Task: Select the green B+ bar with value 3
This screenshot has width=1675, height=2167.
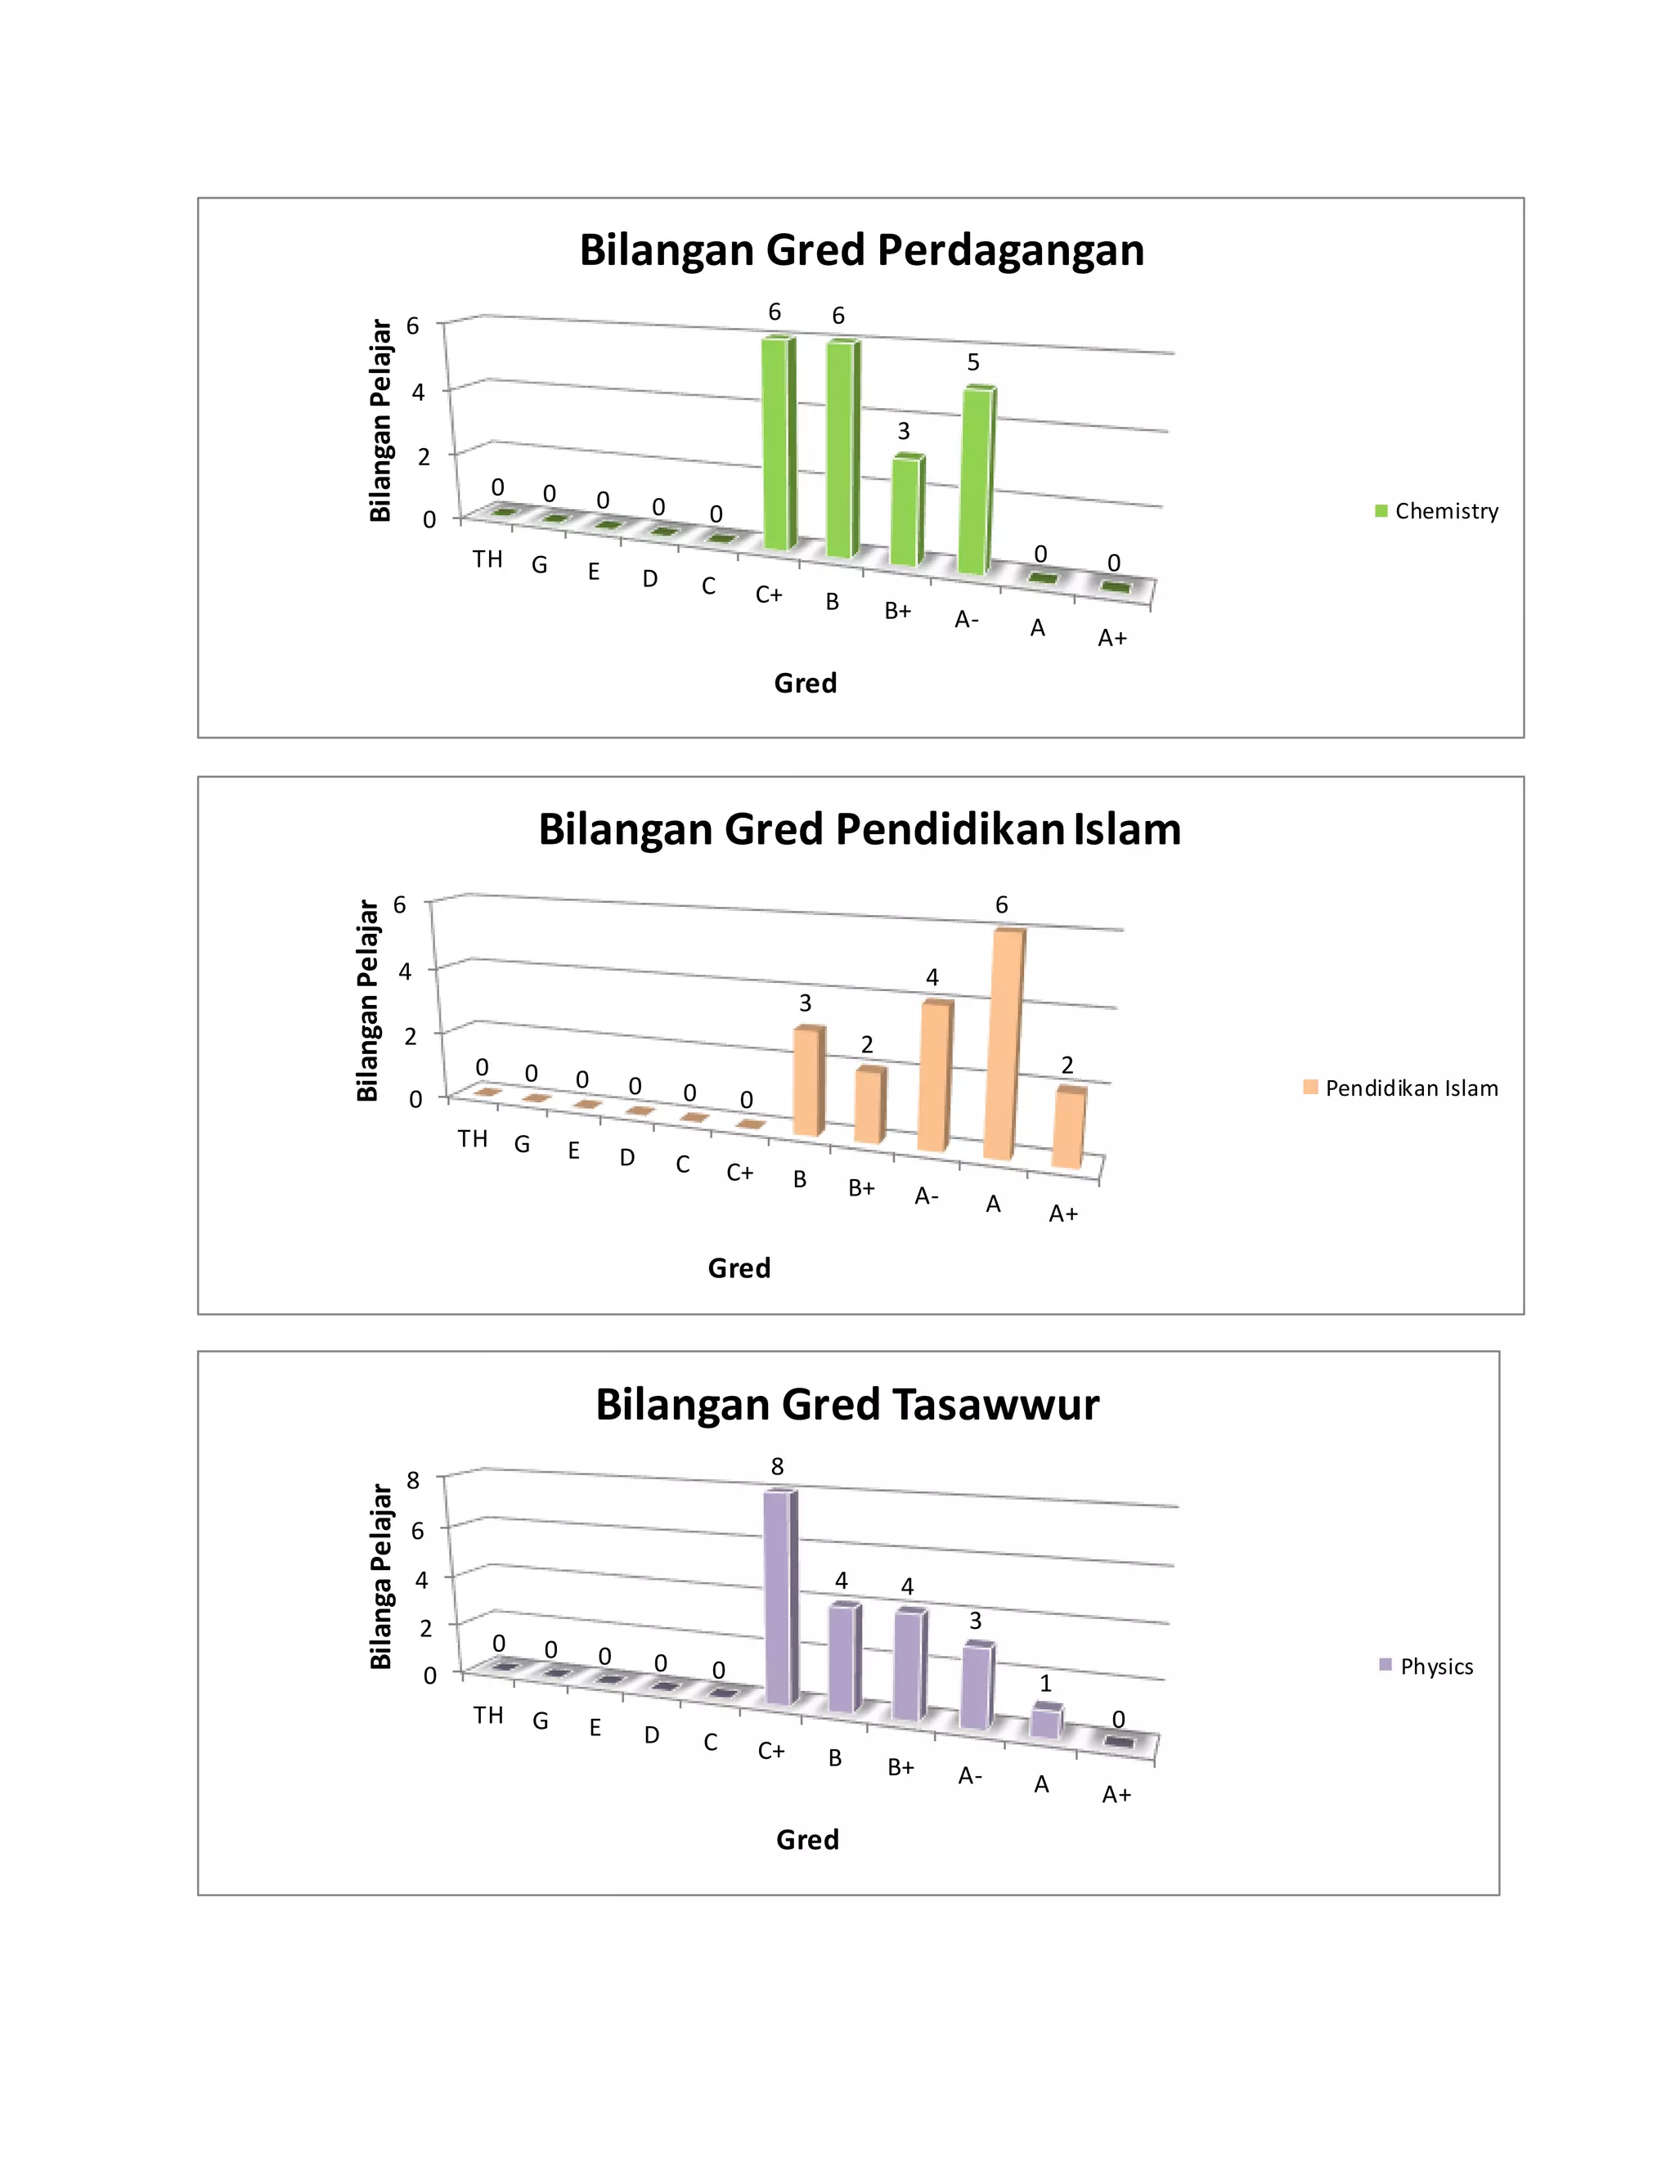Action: [x=905, y=511]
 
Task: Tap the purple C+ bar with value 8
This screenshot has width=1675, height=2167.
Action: [x=780, y=1599]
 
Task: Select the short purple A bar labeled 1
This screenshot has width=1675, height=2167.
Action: [x=1046, y=1721]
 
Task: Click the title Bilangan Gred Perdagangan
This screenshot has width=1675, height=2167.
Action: [x=861, y=250]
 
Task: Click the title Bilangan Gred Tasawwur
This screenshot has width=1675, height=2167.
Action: [x=846, y=1405]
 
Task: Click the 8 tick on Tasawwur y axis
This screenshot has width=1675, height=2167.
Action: [x=414, y=1479]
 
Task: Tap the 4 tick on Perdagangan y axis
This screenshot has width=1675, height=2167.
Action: [x=418, y=392]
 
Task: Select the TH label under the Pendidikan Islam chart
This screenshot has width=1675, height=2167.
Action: [x=473, y=1138]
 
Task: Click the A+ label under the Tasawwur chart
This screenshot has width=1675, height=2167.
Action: [x=1116, y=1794]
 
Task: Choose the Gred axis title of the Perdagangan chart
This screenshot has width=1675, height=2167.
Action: [x=805, y=684]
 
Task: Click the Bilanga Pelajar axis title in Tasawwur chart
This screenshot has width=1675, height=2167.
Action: [x=381, y=1577]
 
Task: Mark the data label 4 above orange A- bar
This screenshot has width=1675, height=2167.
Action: [x=932, y=977]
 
